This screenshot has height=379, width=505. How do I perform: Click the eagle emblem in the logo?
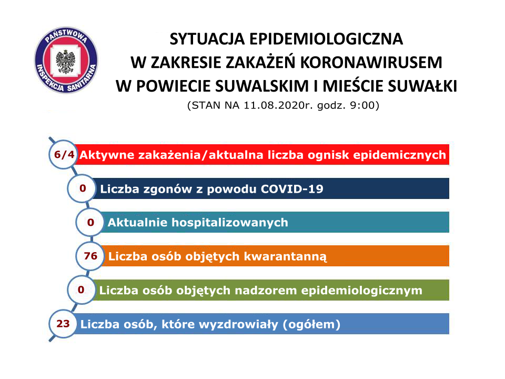pos(66,61)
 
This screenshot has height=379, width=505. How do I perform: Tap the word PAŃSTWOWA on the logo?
pos(66,35)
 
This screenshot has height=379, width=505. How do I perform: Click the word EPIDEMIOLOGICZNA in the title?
pos(326,39)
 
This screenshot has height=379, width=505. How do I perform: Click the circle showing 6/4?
pos(64,154)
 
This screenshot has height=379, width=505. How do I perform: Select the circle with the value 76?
pos(90,256)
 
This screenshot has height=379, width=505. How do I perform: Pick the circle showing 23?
pos(63,323)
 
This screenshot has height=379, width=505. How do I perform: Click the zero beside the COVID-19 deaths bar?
pos(83,188)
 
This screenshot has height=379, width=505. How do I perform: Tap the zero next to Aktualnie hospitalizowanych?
pos(90,222)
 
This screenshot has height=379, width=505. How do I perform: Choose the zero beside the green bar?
pos(81,290)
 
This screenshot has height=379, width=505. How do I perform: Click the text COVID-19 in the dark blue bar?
pos(292,189)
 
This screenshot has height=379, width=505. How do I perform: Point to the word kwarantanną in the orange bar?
pos(285,257)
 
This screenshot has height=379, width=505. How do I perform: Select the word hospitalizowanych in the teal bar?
pos(230,223)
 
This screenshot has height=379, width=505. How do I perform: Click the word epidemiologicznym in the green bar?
pos(362,291)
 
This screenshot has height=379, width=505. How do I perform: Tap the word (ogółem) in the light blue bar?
pos(311,325)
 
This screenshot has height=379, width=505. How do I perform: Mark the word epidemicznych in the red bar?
pos(399,155)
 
